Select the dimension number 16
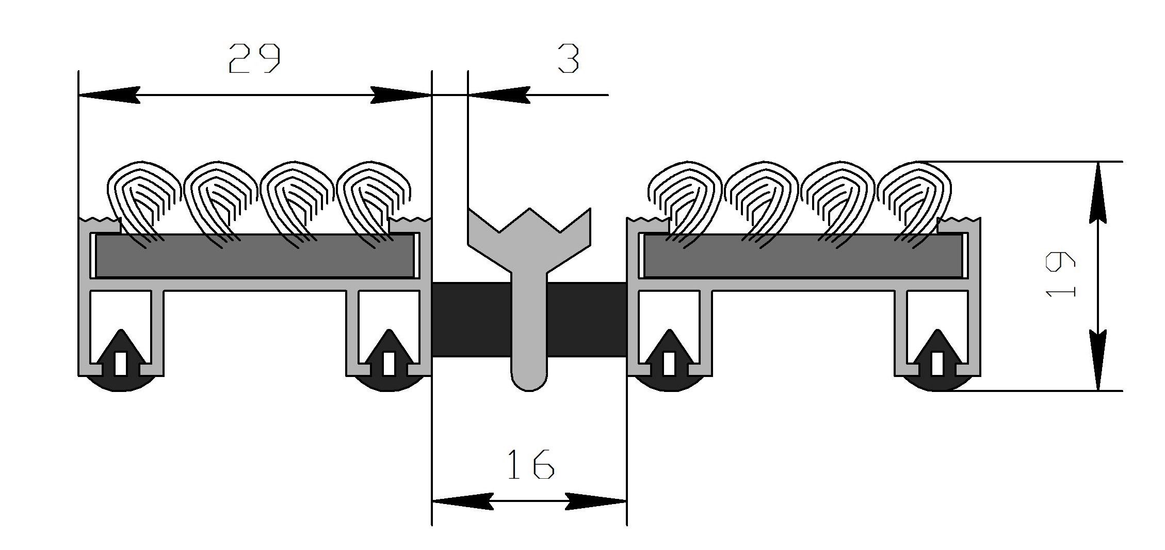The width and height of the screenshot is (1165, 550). click(x=530, y=464)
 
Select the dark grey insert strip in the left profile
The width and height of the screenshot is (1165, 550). click(x=254, y=256)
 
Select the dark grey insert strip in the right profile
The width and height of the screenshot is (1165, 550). click(x=803, y=256)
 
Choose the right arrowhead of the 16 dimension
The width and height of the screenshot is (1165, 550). click(x=596, y=501)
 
